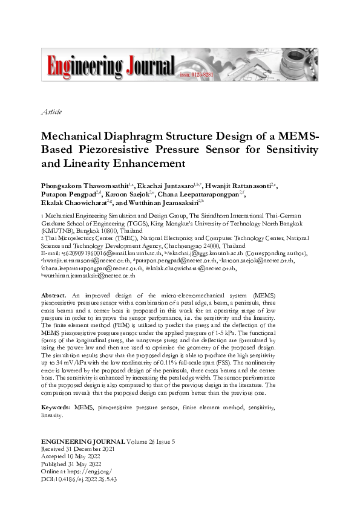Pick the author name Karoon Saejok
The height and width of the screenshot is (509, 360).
[131, 195]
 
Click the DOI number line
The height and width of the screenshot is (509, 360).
[78, 478]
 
